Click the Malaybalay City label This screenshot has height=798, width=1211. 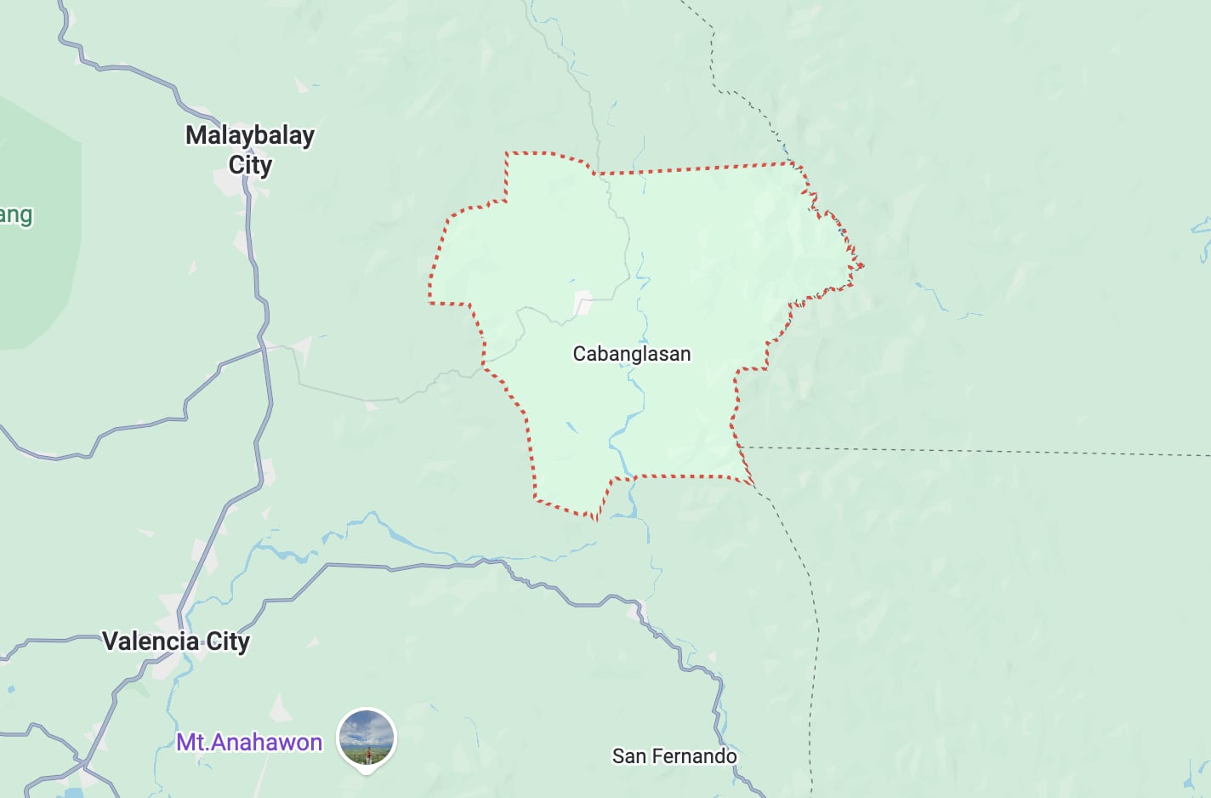tap(250, 150)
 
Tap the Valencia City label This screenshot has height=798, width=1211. tap(176, 641)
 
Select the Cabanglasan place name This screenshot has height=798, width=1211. tap(631, 354)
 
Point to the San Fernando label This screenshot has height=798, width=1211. tap(674, 755)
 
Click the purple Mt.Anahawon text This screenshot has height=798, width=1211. tap(249, 742)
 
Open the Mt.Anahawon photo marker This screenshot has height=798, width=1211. tap(367, 738)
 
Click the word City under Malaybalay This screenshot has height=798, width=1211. tap(250, 165)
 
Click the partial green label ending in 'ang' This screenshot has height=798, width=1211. tap(16, 215)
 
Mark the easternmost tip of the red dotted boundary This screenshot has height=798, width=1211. tap(863, 265)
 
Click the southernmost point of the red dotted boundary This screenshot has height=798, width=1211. tap(595, 518)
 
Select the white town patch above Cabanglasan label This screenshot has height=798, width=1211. tap(583, 302)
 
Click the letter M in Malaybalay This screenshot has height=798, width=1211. tap(196, 135)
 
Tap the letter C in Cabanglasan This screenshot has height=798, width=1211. tap(579, 354)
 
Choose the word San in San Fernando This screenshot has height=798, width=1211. tap(629, 755)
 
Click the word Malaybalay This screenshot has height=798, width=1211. tap(250, 135)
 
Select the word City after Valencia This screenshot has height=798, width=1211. tap(228, 641)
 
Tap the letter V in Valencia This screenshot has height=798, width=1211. tap(110, 641)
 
